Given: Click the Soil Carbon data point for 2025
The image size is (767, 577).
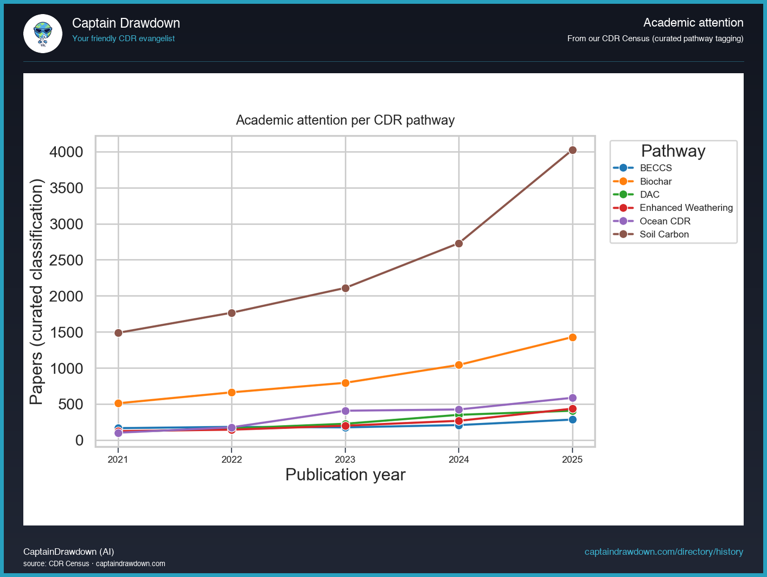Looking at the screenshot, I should [x=572, y=150].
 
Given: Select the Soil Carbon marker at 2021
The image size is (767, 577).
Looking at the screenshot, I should [x=118, y=333].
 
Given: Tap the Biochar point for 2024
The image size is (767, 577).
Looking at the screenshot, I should [x=459, y=365].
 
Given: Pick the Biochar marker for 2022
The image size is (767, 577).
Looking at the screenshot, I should [x=232, y=392].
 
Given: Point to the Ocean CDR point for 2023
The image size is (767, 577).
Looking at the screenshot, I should [x=346, y=411].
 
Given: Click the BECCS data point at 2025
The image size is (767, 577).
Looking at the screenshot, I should [x=572, y=419].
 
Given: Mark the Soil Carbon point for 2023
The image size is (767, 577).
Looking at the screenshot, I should [x=346, y=288].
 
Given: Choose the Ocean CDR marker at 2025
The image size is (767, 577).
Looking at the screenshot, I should [x=572, y=398].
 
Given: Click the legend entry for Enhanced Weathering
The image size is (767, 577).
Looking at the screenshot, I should [x=686, y=208].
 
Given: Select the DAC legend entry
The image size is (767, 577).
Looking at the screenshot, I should [x=649, y=195].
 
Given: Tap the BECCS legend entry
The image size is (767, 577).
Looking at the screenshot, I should [x=655, y=168].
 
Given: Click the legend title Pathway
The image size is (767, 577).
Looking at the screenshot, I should [x=673, y=151].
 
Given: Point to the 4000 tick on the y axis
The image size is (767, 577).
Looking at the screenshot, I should [x=67, y=152].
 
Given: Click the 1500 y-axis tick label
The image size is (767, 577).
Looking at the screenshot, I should [x=67, y=332].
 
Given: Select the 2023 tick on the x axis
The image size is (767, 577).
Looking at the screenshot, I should [x=345, y=459].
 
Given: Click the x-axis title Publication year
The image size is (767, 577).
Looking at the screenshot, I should [x=345, y=475].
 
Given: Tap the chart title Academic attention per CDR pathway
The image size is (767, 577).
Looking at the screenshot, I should [x=345, y=120].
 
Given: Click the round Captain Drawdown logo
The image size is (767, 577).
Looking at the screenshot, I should [x=43, y=34].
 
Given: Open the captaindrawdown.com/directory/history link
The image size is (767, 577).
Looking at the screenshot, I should [x=663, y=552].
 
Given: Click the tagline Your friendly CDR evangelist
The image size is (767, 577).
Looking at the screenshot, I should [x=123, y=39].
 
